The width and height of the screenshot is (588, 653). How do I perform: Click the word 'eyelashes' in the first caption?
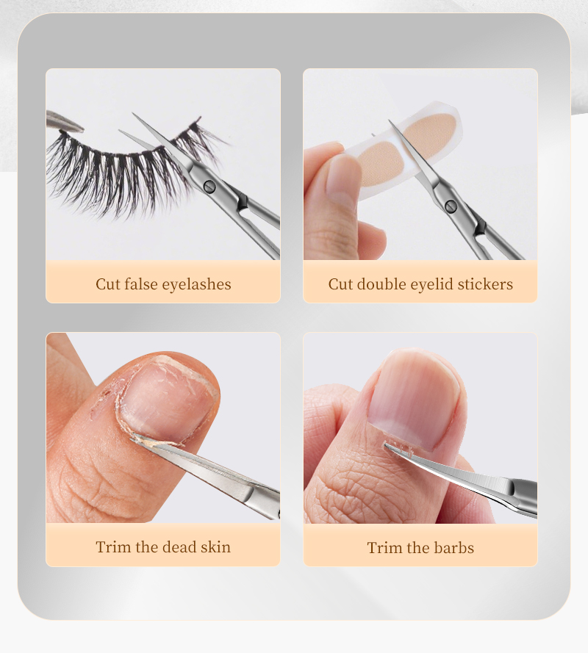(x=196, y=284)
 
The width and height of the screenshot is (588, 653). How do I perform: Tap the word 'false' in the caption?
(x=140, y=284)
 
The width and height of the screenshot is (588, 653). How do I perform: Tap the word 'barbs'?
(x=453, y=548)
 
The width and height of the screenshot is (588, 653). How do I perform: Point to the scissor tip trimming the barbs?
(x=386, y=445)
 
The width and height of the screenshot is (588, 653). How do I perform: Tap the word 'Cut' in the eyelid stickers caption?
(x=340, y=284)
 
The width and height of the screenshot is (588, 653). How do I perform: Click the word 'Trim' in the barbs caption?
(x=385, y=548)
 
